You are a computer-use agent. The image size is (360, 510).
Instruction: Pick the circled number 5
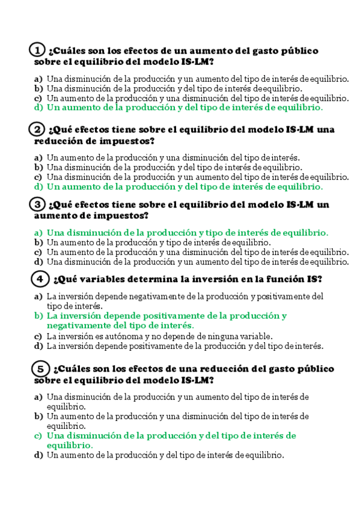40,368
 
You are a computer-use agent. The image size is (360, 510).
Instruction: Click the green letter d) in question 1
38,108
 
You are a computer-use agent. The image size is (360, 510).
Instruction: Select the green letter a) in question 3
38,233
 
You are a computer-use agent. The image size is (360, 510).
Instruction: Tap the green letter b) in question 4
38,315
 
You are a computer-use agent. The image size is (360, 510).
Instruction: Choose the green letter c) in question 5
38,435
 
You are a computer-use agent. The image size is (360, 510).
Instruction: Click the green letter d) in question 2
38,187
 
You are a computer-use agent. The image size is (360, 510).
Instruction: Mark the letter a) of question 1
38,78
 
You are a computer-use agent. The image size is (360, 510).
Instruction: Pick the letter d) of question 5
38,455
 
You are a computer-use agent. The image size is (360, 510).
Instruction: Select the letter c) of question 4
38,336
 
